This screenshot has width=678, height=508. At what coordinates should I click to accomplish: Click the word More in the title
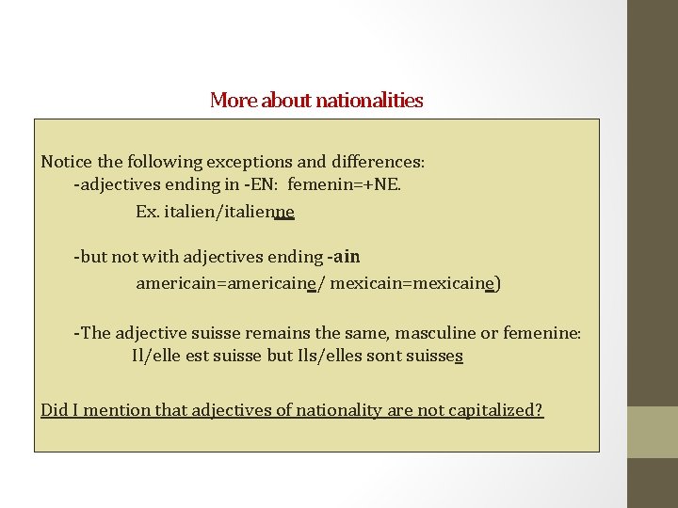pyautogui.click(x=233, y=100)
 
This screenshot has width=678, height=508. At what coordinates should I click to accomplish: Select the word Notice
pyautogui.click(x=66, y=162)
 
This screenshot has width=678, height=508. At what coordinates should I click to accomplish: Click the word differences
pyautogui.click(x=372, y=162)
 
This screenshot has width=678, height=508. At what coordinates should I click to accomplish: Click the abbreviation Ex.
pyautogui.click(x=147, y=212)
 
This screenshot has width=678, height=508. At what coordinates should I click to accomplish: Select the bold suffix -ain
pyautogui.click(x=344, y=256)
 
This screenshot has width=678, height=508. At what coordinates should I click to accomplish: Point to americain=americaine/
pyautogui.click(x=230, y=282)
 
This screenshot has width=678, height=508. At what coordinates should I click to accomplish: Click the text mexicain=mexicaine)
pyautogui.click(x=415, y=282)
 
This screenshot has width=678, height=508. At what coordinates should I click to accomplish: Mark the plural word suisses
pyautogui.click(x=432, y=357)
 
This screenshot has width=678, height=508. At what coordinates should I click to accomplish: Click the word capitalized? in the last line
pyautogui.click(x=495, y=409)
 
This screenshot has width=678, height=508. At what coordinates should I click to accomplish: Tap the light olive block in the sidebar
pyautogui.click(x=653, y=432)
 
